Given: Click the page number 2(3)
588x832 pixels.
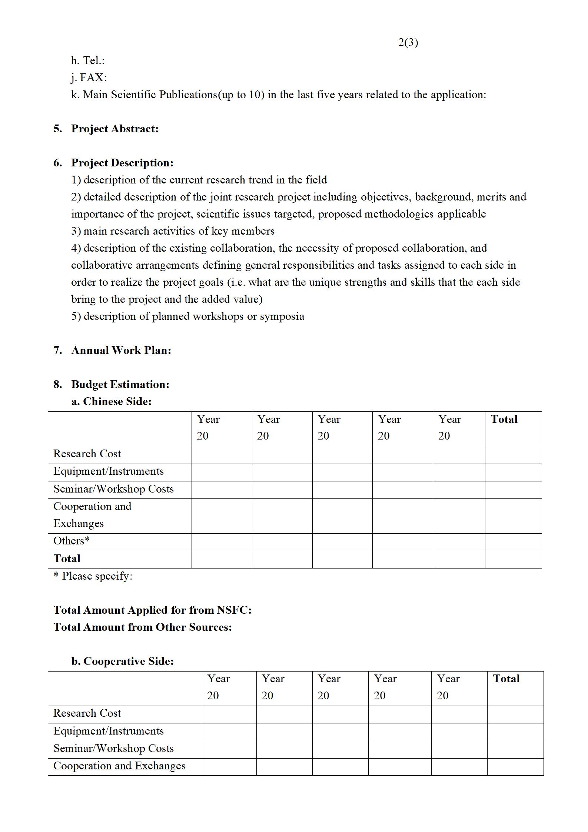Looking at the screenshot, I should (x=408, y=43).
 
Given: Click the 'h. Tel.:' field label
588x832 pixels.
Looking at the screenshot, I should (x=88, y=60).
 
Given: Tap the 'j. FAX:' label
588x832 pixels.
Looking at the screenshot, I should (x=89, y=77).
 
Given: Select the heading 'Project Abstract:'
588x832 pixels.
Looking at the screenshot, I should (x=114, y=129).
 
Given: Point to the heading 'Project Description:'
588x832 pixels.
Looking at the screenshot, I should (x=122, y=163).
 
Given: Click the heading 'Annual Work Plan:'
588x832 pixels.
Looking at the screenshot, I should (x=121, y=350).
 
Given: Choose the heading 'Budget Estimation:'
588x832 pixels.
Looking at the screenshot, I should (x=120, y=384).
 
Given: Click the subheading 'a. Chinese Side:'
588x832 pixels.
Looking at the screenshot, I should (x=111, y=401).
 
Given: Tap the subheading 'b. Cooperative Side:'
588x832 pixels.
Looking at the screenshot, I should (x=122, y=661).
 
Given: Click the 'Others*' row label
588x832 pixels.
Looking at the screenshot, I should (x=72, y=541).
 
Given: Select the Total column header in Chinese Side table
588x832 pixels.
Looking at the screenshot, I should (x=504, y=419).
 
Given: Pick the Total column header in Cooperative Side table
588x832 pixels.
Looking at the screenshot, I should (x=506, y=679).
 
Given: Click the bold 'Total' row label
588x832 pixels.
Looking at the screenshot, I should (x=67, y=558).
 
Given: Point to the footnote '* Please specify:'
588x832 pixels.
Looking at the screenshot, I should (x=93, y=576).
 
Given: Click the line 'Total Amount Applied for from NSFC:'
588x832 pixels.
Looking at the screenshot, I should (x=152, y=610).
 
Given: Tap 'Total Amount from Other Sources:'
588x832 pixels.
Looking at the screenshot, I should (x=143, y=627).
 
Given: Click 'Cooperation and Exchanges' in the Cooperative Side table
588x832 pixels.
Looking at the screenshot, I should (x=119, y=766).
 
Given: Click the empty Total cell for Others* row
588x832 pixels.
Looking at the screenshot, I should (x=513, y=542).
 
